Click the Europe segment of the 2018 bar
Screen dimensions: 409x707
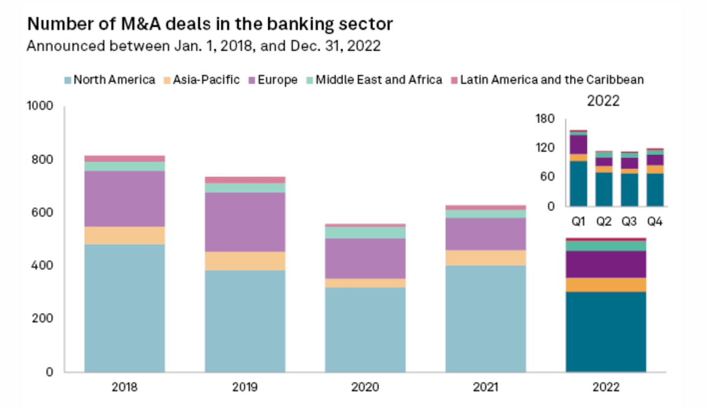tap(124, 199)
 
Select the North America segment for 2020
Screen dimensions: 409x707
tap(365, 329)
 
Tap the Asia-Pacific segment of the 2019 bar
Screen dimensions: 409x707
tap(245, 261)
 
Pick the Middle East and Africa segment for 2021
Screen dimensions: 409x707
tap(485, 214)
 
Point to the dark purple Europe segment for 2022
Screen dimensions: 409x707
tap(606, 264)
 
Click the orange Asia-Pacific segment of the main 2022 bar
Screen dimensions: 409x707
tap(606, 285)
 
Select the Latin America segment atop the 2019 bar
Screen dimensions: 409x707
tap(245, 180)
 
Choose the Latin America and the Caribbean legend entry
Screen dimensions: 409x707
tap(551, 80)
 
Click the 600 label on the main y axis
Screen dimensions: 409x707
tap(43, 213)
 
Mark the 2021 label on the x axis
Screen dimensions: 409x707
tap(485, 387)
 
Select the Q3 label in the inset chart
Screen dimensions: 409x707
tap(629, 222)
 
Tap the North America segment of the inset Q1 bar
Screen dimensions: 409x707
tap(578, 183)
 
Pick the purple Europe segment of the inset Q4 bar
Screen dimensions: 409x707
tap(655, 160)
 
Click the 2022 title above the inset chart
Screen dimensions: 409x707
tap(603, 101)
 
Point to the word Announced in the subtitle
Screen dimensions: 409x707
tap(58, 46)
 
